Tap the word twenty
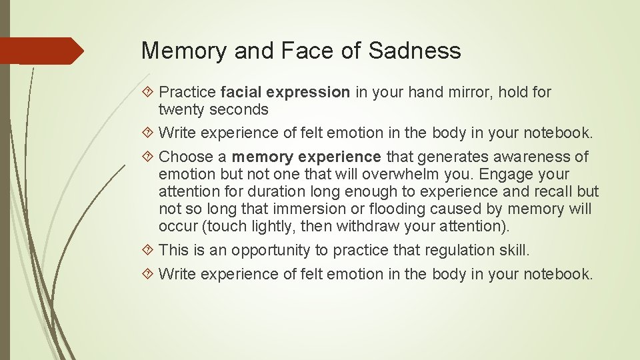181,109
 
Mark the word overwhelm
363,174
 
